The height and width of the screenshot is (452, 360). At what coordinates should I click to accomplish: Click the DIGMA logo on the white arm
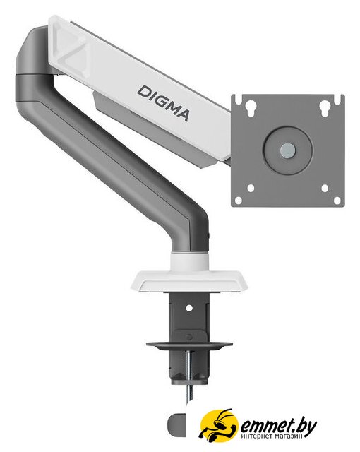point(163,103)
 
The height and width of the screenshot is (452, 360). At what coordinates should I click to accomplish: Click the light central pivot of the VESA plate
point(288,149)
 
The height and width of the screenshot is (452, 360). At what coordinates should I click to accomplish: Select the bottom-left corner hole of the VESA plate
point(239,201)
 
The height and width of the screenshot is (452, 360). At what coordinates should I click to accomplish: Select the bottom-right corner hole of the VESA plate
point(337,201)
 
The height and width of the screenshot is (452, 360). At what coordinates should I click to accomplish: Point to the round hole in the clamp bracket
point(189,308)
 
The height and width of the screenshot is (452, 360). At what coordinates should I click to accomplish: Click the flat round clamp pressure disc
point(189,345)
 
